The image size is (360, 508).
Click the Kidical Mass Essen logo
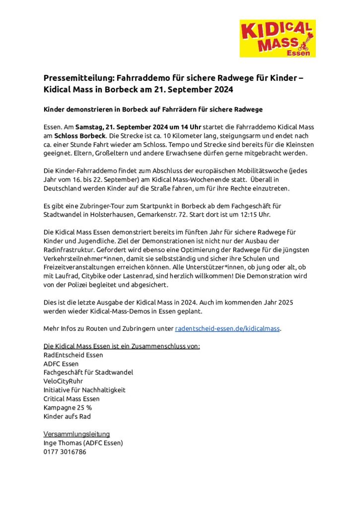tap(278, 38)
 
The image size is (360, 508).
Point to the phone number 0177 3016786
tap(65, 452)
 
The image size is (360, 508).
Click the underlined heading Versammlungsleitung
tap(76, 434)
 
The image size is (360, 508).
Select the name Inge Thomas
tap(63, 443)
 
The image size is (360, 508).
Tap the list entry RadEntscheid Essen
tap(73, 355)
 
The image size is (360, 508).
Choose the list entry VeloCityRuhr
tap(63, 381)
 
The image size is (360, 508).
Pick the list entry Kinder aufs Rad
tap(67, 416)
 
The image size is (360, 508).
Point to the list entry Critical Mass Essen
tap(72, 398)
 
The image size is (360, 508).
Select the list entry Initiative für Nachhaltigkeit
tap(84, 390)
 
